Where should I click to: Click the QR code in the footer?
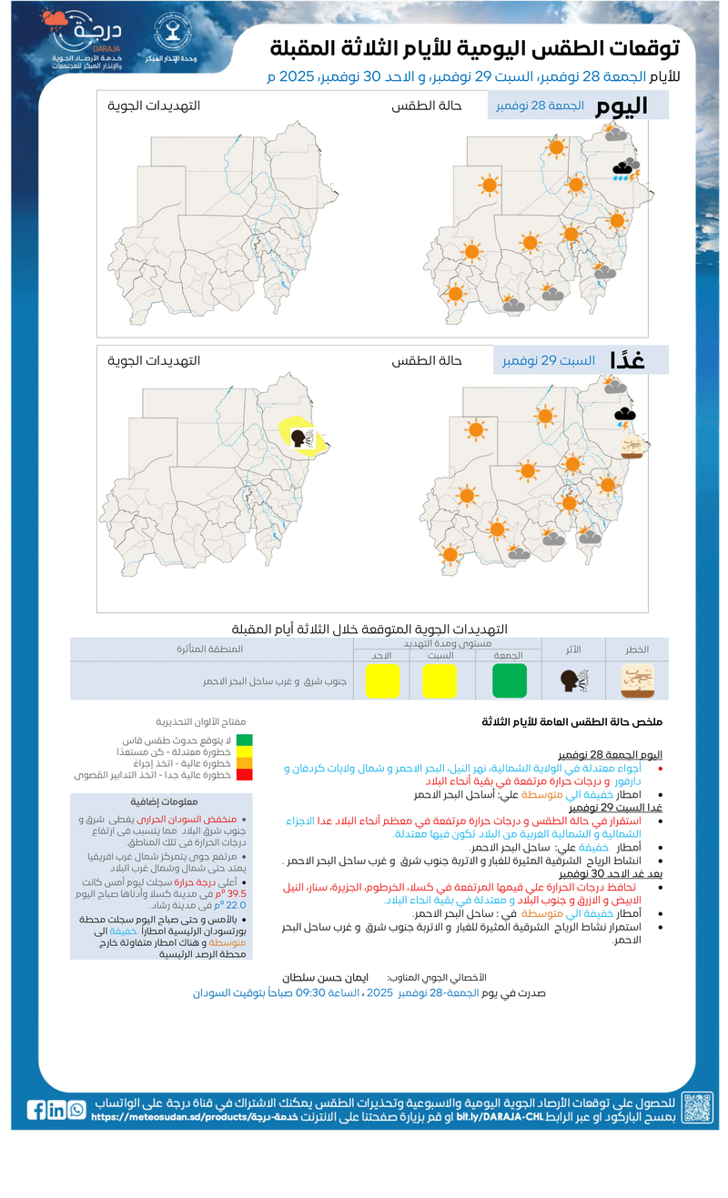[x=698, y=1107]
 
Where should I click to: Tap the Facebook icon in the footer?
[x=36, y=1109]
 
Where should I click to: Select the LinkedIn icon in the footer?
[x=56, y=1109]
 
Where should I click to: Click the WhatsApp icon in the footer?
[x=76, y=1109]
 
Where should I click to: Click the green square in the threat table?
[x=510, y=680]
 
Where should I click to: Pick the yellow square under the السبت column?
[x=439, y=680]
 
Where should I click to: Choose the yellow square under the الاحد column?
[x=382, y=680]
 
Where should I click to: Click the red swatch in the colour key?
[x=244, y=775]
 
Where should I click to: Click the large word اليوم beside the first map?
[x=622, y=106]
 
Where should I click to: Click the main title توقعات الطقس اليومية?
[x=480, y=48]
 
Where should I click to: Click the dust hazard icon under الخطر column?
[x=636, y=680]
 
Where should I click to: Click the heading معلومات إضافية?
[x=161, y=802]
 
